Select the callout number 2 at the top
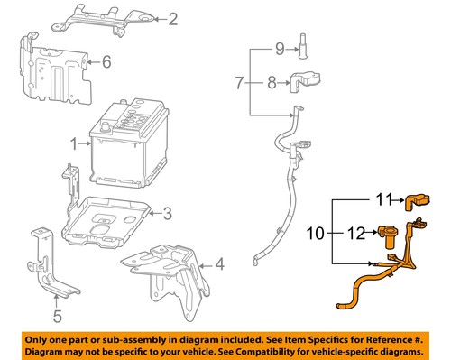pos(173,17)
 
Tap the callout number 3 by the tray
pos(167,213)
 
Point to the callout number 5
pos(57,316)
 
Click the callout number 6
pos(106,61)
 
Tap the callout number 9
pos(279,46)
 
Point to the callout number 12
pos(356,233)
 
